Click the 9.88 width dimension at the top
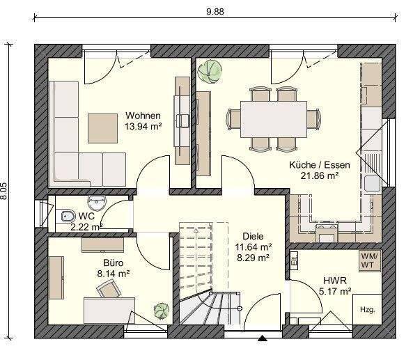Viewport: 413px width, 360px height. tap(215, 12)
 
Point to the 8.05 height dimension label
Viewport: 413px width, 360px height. tap(3, 191)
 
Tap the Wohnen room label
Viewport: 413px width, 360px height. tap(143, 116)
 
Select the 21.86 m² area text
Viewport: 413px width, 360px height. tap(320, 175)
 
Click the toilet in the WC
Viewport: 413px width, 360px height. tap(67, 217)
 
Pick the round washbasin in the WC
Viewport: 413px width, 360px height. tap(97, 203)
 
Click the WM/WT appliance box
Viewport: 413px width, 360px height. tap(370, 260)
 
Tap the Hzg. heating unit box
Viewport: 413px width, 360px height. tap(367, 309)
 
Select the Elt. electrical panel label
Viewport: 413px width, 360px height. tap(294, 260)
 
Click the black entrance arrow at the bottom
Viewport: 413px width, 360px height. tap(263, 338)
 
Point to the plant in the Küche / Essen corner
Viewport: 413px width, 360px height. tap(210, 72)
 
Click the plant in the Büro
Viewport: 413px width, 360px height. tap(162, 311)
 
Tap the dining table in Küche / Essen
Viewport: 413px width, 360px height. tap(274, 119)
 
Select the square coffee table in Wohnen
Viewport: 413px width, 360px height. tap(102, 129)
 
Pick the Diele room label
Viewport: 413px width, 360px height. tap(253, 236)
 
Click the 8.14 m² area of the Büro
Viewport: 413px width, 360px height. tap(114, 274)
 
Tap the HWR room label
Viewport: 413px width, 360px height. tap(335, 281)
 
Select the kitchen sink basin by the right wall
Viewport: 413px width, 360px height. tap(373, 183)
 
